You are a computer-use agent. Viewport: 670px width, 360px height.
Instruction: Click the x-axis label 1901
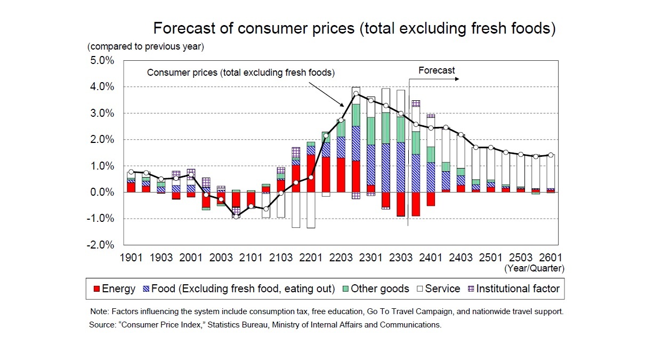click(131, 258)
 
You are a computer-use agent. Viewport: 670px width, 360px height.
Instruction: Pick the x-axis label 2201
click(311, 258)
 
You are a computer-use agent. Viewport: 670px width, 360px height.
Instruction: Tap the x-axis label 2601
click(551, 258)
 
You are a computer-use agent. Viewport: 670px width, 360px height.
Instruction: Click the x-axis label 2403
click(461, 258)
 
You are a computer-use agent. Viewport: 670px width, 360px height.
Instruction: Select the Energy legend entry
click(114, 289)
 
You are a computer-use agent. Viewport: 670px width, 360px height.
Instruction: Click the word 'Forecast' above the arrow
click(437, 70)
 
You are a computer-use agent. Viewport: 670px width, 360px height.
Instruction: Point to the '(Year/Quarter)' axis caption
click(534, 268)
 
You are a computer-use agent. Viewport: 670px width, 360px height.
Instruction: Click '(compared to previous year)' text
click(146, 46)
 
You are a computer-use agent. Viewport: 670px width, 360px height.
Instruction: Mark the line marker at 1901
click(131, 172)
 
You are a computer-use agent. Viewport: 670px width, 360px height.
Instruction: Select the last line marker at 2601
click(551, 155)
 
